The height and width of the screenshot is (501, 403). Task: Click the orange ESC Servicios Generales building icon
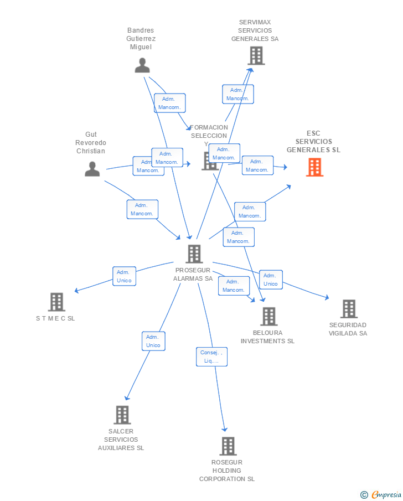click(x=314, y=167)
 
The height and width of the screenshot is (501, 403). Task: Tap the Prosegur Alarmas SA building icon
click(x=194, y=254)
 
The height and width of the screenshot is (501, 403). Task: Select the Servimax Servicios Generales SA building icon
click(x=256, y=55)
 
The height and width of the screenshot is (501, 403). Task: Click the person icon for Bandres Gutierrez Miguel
click(x=142, y=65)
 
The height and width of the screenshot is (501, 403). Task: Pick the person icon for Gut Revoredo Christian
click(x=92, y=169)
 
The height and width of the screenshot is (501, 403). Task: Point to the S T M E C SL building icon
click(x=56, y=302)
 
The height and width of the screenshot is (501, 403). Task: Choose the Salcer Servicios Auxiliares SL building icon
click(x=122, y=415)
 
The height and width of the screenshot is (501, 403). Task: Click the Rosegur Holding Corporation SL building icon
click(x=228, y=446)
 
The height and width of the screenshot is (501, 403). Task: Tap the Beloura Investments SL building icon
click(x=268, y=316)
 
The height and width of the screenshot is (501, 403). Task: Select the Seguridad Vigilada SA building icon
click(x=348, y=308)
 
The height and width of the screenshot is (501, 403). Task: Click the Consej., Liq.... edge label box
click(x=211, y=357)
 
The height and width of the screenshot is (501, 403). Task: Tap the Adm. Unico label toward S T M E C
click(x=124, y=276)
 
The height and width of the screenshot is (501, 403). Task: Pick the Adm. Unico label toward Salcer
click(x=153, y=341)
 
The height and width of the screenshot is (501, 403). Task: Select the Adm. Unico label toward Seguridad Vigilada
click(x=270, y=280)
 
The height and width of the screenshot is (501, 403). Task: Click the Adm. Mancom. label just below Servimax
click(x=237, y=94)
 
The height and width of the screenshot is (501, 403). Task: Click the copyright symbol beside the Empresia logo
click(x=364, y=494)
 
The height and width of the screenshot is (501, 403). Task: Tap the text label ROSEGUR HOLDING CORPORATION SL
click(x=227, y=471)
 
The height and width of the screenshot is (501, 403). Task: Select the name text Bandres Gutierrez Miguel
click(x=141, y=39)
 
